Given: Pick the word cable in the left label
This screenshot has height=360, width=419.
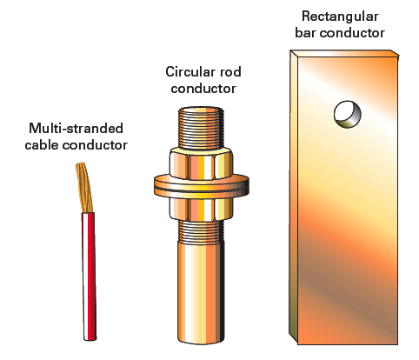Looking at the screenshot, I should coord(49,144).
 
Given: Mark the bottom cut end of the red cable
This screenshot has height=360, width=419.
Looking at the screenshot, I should coord(90,337).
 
